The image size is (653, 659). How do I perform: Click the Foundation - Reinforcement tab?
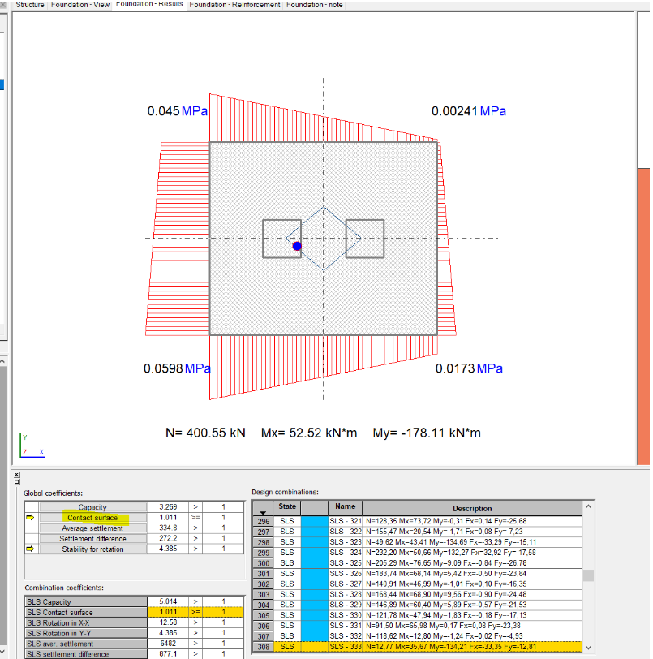point(236,5)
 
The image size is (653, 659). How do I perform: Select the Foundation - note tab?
point(315,5)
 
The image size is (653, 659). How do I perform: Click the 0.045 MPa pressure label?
point(174,111)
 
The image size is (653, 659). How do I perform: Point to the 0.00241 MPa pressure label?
point(468,111)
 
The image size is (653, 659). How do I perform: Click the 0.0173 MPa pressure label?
point(469,368)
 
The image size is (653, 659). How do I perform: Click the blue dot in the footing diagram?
point(297,246)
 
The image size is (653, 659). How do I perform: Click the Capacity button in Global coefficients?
point(92,507)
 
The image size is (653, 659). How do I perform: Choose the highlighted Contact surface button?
point(92,518)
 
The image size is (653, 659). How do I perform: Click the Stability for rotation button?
point(92,549)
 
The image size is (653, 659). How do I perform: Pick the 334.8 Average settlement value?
point(169,528)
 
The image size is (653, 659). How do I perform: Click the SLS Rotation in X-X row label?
point(61,623)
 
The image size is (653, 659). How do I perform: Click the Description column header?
point(472,508)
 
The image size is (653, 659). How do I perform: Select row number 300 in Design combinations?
point(263,562)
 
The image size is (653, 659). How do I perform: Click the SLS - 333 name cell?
point(345,647)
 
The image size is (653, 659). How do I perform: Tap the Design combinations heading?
point(285,492)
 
